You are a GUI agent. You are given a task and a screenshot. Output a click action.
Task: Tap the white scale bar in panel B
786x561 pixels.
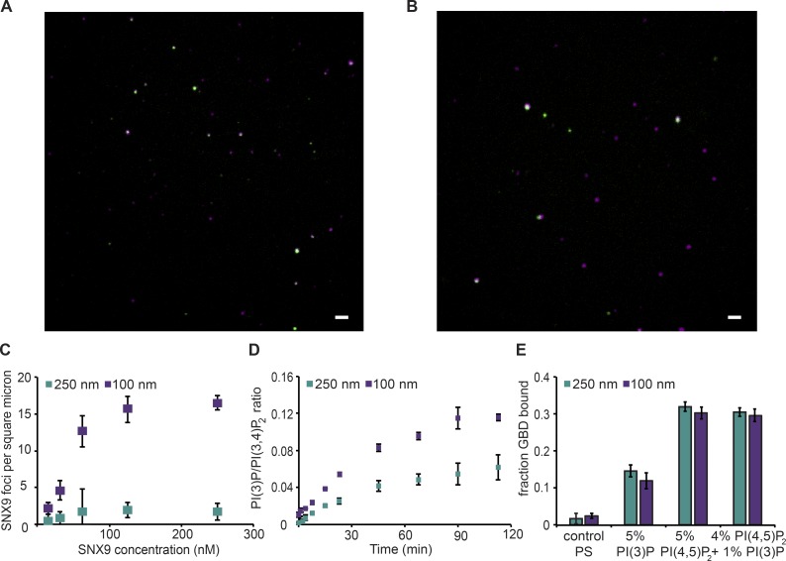(735, 318)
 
